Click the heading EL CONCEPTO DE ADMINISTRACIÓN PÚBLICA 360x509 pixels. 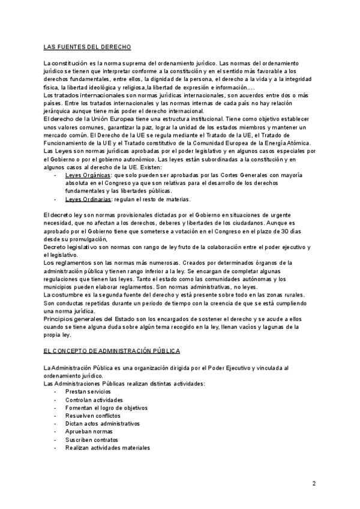point(113,350)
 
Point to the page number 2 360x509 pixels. point(314,483)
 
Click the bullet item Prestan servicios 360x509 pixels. point(88,391)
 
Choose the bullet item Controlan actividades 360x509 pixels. point(94,399)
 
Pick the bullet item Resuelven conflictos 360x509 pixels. point(92,415)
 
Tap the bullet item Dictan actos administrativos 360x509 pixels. point(102,423)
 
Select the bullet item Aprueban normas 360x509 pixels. point(89,432)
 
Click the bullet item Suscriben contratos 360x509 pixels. point(92,439)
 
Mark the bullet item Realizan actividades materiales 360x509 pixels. point(107,448)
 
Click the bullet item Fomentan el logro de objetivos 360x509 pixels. point(106,408)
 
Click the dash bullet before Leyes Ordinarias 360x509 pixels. point(56,198)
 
